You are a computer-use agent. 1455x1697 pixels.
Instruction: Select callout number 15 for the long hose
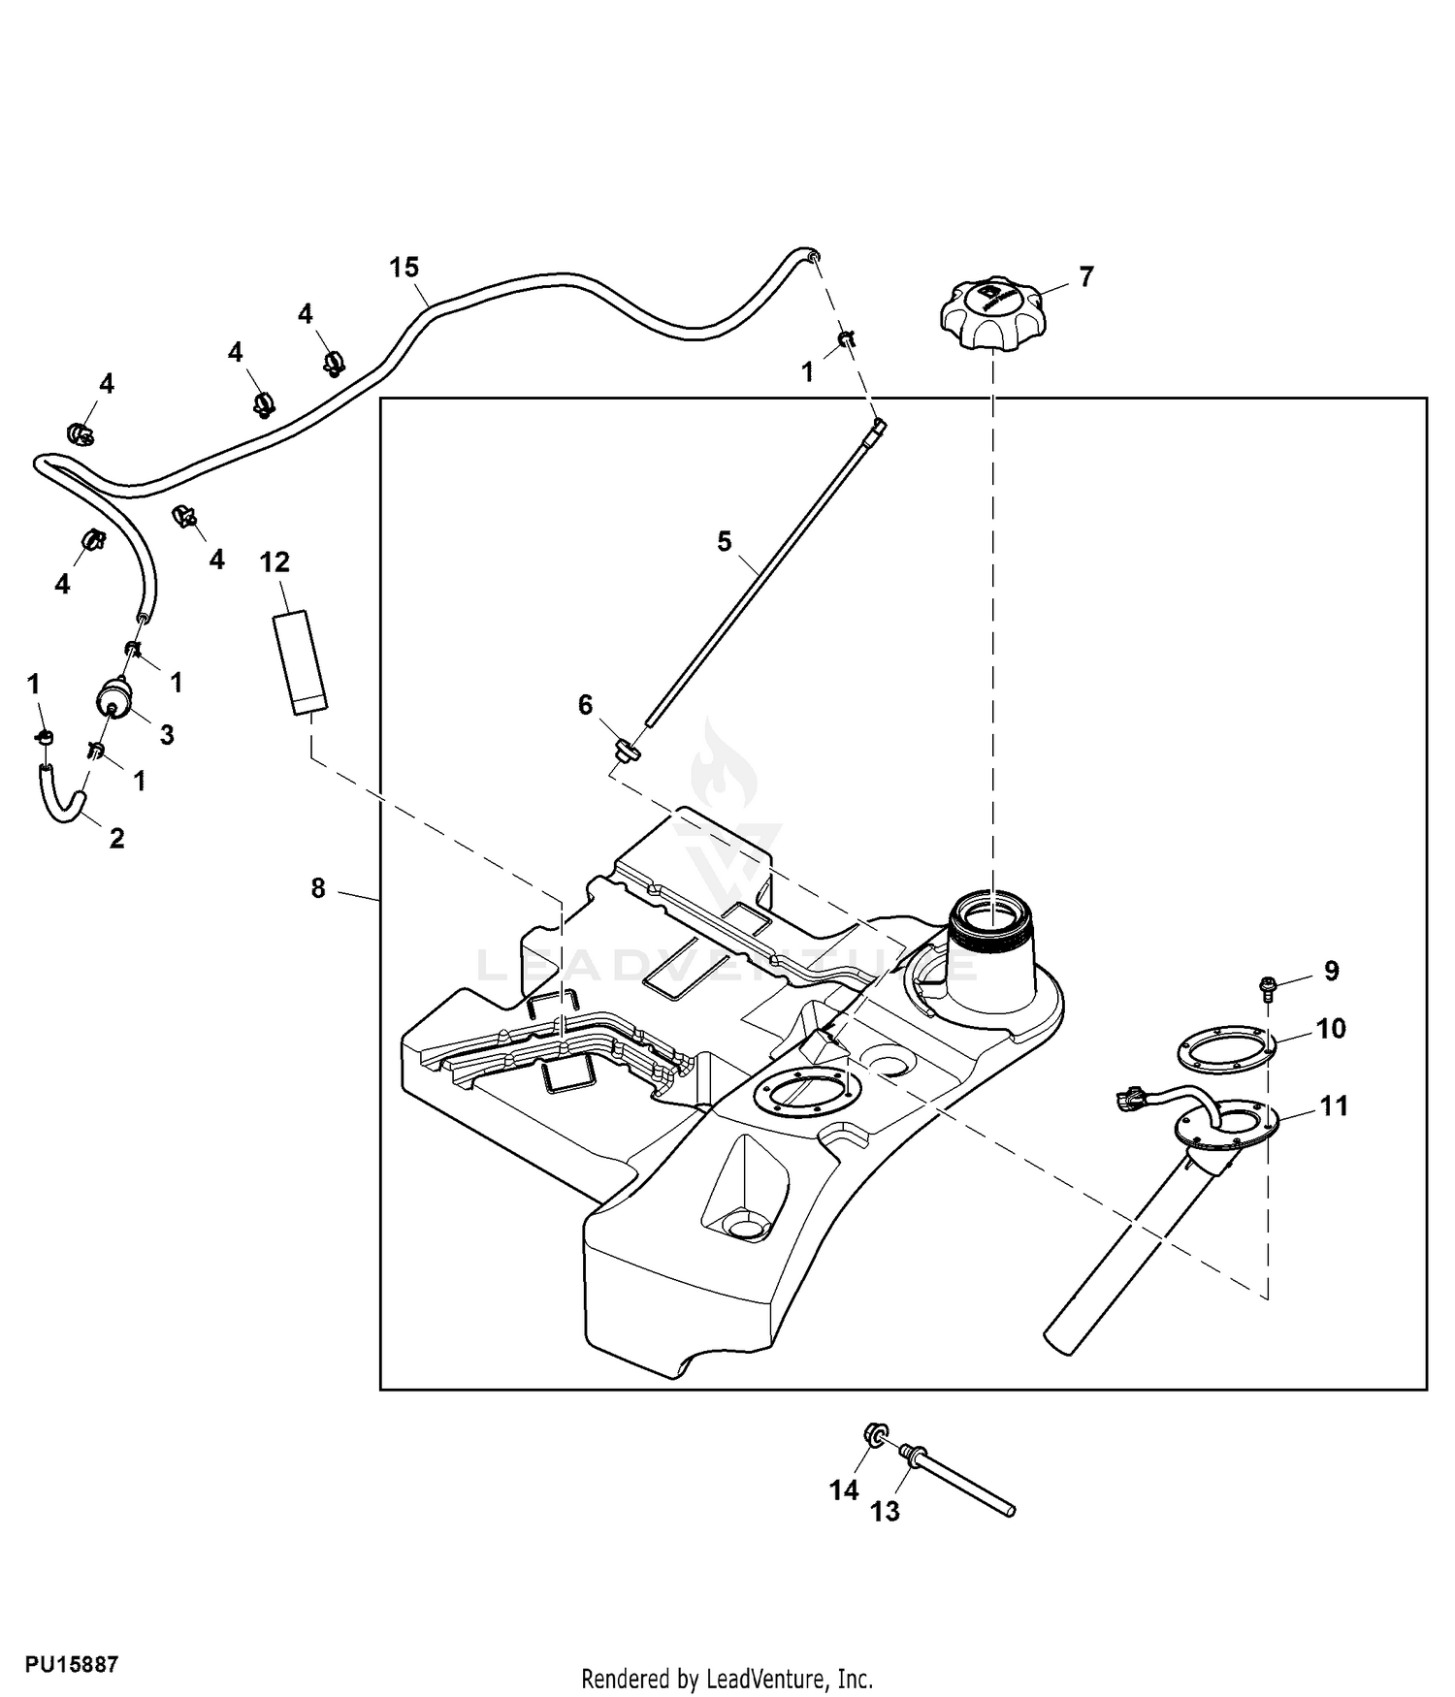(404, 268)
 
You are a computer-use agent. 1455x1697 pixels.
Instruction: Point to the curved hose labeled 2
(62, 793)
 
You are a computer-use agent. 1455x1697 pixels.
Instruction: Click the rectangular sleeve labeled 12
(299, 662)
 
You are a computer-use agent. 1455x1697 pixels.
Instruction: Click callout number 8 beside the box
(318, 888)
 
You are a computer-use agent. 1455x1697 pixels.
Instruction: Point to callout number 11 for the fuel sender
(1335, 1106)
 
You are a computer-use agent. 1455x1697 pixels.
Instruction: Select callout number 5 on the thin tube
(725, 541)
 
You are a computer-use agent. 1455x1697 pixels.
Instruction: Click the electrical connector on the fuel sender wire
(1126, 1101)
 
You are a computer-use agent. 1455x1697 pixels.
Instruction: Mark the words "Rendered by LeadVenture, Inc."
(727, 1679)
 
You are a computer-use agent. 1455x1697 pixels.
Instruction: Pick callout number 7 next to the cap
(1086, 277)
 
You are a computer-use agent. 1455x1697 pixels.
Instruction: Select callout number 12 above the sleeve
(275, 562)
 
